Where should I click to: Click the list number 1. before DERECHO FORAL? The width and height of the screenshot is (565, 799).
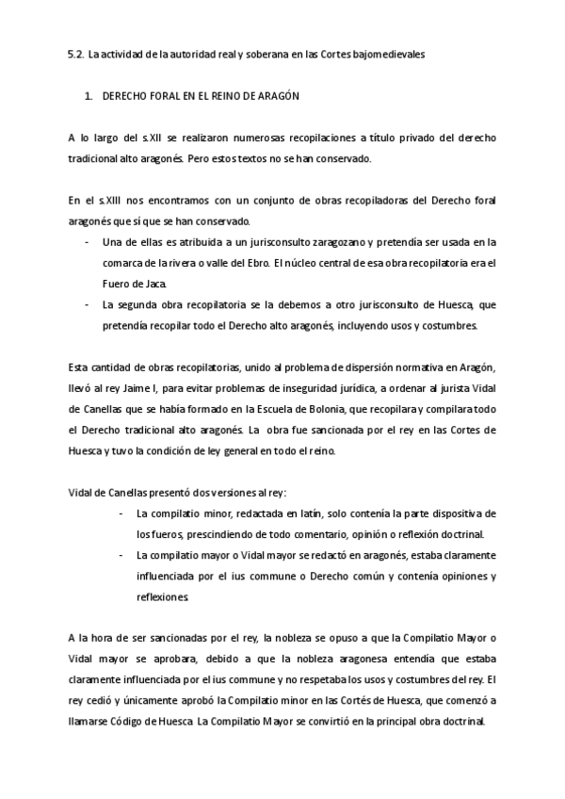[89, 97]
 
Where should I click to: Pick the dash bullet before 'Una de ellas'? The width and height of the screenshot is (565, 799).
[88, 242]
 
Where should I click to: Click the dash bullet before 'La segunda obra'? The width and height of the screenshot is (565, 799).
[88, 304]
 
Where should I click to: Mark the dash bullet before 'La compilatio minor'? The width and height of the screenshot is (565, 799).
[122, 514]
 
